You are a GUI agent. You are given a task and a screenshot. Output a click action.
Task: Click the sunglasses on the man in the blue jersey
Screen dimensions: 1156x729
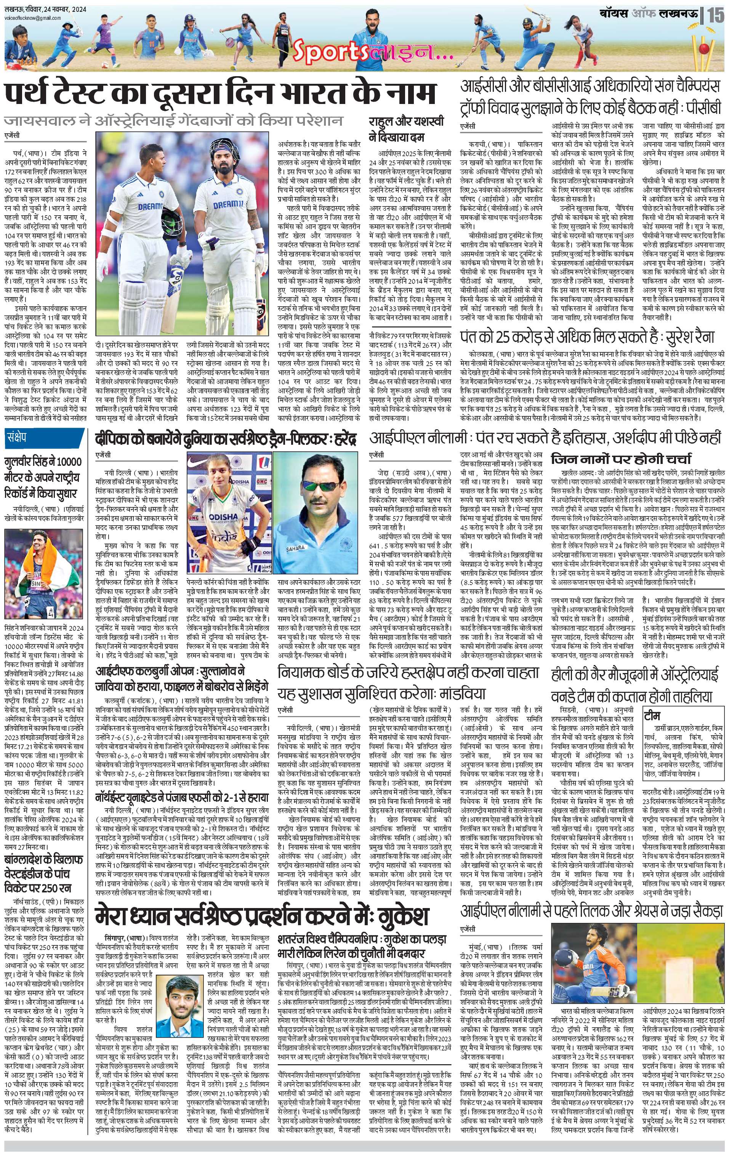point(312,486)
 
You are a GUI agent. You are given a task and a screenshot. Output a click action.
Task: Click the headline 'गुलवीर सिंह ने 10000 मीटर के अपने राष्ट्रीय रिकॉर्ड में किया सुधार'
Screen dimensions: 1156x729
point(44,477)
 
